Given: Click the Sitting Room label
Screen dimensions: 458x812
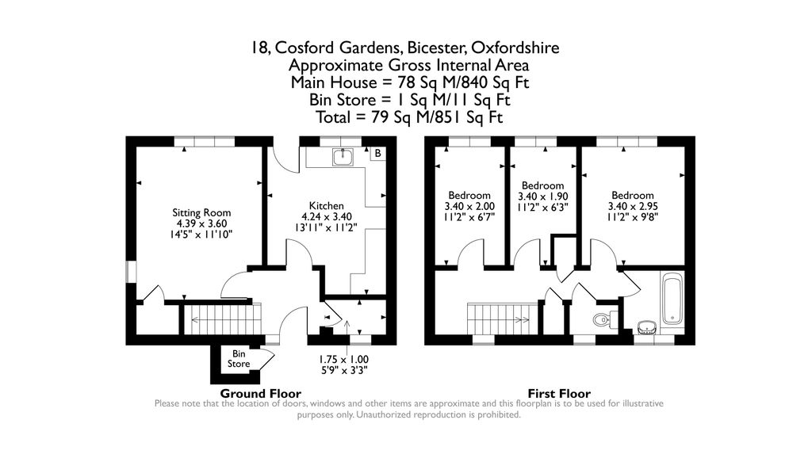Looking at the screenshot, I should [201, 212].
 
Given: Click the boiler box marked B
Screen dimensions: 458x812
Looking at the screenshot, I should [377, 153].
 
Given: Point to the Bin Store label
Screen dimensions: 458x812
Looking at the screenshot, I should [239, 359].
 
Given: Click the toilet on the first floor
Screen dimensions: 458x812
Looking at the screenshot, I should [605, 321].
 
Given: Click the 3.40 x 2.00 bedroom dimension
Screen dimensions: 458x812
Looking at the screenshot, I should [469, 207].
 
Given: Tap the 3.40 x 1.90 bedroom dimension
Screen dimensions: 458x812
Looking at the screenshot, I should [543, 197].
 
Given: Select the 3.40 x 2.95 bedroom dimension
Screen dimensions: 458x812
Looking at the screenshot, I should [632, 207].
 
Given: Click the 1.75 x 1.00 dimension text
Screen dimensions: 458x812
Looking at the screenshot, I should [343, 358].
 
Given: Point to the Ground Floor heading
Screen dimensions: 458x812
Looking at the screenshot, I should [260, 393].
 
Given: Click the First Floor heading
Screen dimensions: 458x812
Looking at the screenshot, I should [558, 393].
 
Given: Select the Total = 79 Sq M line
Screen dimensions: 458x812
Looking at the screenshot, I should [405, 117].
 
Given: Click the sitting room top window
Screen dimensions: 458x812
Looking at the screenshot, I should [205, 141].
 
